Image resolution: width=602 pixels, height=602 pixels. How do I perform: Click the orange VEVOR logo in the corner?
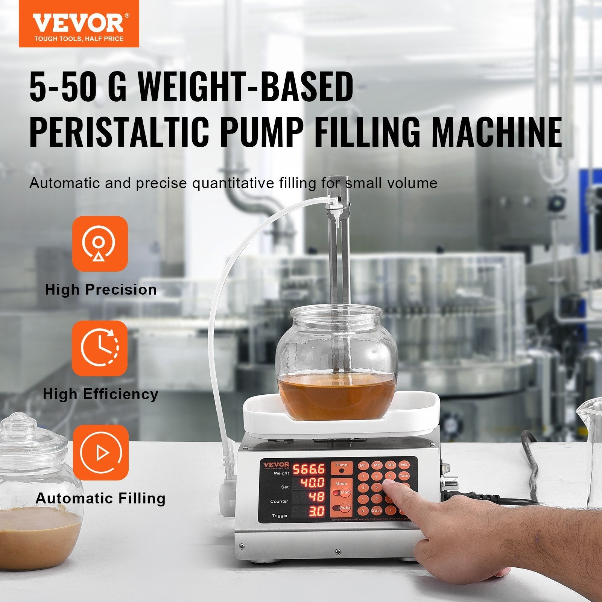79,24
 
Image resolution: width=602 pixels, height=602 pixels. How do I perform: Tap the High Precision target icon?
100,243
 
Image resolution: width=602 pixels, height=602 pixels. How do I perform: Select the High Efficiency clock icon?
100,348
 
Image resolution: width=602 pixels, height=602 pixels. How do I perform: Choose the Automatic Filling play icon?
100,453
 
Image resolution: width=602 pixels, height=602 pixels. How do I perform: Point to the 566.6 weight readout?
309,469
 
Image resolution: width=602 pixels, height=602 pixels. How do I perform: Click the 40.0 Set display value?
312,483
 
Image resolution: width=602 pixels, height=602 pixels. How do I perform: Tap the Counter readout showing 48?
316,497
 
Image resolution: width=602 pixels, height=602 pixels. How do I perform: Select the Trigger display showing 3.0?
317,511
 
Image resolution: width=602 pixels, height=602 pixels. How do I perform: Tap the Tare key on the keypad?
404,476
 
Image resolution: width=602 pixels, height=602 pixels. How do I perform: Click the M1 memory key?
363,465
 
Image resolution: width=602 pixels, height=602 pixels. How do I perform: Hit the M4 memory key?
404,465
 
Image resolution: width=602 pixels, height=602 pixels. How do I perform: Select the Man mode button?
344,492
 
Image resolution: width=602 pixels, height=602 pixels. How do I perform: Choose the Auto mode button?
344,508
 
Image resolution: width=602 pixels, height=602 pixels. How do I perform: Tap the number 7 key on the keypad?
363,477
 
